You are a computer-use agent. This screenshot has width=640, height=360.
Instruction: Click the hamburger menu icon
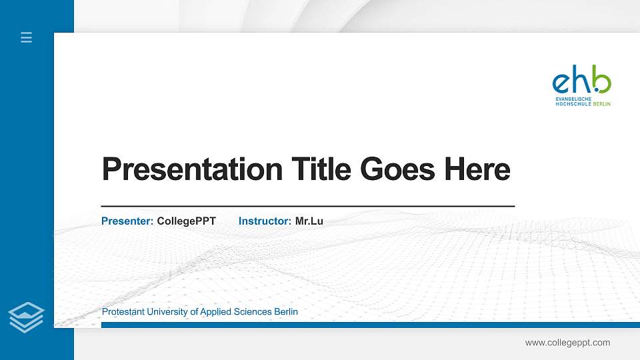27,37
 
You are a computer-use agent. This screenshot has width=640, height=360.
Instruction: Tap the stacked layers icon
27,317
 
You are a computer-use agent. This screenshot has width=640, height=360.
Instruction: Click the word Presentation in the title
191,169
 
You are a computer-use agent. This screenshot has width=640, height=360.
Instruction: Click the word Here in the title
476,169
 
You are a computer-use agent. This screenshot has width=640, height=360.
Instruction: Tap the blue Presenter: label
127,221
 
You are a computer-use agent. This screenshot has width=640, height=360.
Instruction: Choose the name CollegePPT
186,221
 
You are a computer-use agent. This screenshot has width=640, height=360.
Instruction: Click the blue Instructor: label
265,221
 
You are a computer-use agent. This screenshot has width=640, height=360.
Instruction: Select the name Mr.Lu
309,221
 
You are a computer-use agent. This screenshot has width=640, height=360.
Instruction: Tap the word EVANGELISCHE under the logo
573,99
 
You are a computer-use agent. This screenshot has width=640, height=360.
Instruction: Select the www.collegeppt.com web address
567,343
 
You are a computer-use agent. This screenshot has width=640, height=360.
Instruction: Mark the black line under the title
307,207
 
